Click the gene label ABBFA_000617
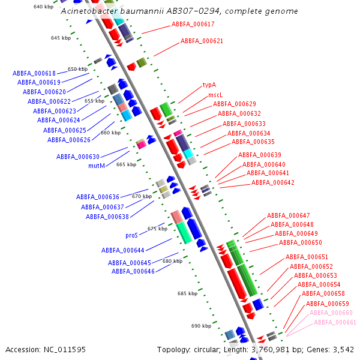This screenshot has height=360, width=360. tap(193, 24)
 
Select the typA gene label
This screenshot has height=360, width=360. tap(209, 85)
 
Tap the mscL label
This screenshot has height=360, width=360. tap(215, 95)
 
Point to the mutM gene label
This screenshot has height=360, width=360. tap(97, 166)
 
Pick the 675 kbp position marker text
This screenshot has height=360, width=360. tap(157, 229)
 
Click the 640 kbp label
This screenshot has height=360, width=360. tap(43, 7)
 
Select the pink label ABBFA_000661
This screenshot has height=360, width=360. tap(335, 322)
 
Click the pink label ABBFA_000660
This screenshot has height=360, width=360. tap(331, 313)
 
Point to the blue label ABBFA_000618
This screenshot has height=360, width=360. tap(34, 73)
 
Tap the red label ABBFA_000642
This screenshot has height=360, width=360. tap(273, 182)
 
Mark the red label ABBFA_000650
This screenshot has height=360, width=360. tap(301, 242)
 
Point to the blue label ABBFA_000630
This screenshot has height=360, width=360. tap(78, 157)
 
